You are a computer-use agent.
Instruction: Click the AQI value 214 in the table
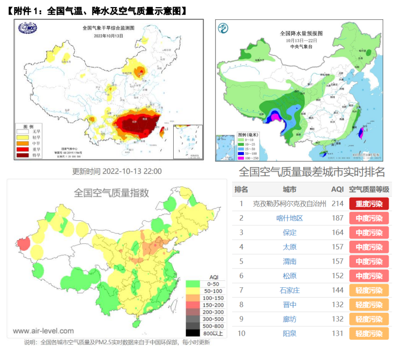click(x=337, y=204)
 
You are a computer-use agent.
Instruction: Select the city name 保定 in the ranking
click(x=290, y=233)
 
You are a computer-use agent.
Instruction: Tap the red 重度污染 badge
click(x=369, y=204)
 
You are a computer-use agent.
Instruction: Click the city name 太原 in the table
click(x=290, y=247)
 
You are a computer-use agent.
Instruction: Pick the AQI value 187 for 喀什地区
click(x=337, y=218)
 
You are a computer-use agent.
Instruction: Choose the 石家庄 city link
click(x=290, y=290)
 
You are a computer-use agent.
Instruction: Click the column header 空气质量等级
click(x=369, y=189)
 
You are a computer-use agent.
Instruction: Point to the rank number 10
click(x=241, y=334)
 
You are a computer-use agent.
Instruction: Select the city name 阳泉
click(x=290, y=334)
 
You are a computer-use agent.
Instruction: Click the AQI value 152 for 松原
click(x=337, y=276)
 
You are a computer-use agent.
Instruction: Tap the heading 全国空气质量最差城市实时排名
click(x=311, y=171)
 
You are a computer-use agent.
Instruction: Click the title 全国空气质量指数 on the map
click(x=111, y=192)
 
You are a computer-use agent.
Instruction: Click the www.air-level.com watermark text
click(x=40, y=331)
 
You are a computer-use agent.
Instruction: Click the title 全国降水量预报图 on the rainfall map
click(x=301, y=34)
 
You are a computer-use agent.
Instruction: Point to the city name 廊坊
click(x=290, y=319)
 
